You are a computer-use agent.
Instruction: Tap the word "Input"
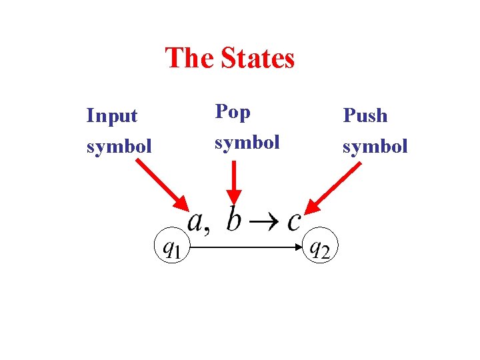tap(111, 115)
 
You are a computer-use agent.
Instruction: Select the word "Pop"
tap(232, 112)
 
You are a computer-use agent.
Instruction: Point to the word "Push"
tap(365, 115)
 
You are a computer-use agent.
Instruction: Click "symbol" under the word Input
tap(119, 145)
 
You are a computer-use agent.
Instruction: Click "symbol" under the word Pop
tap(247, 142)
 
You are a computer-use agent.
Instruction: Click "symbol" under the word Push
tap(375, 145)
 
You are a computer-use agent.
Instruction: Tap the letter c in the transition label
tap(293, 221)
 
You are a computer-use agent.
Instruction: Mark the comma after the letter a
tap(207, 229)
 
